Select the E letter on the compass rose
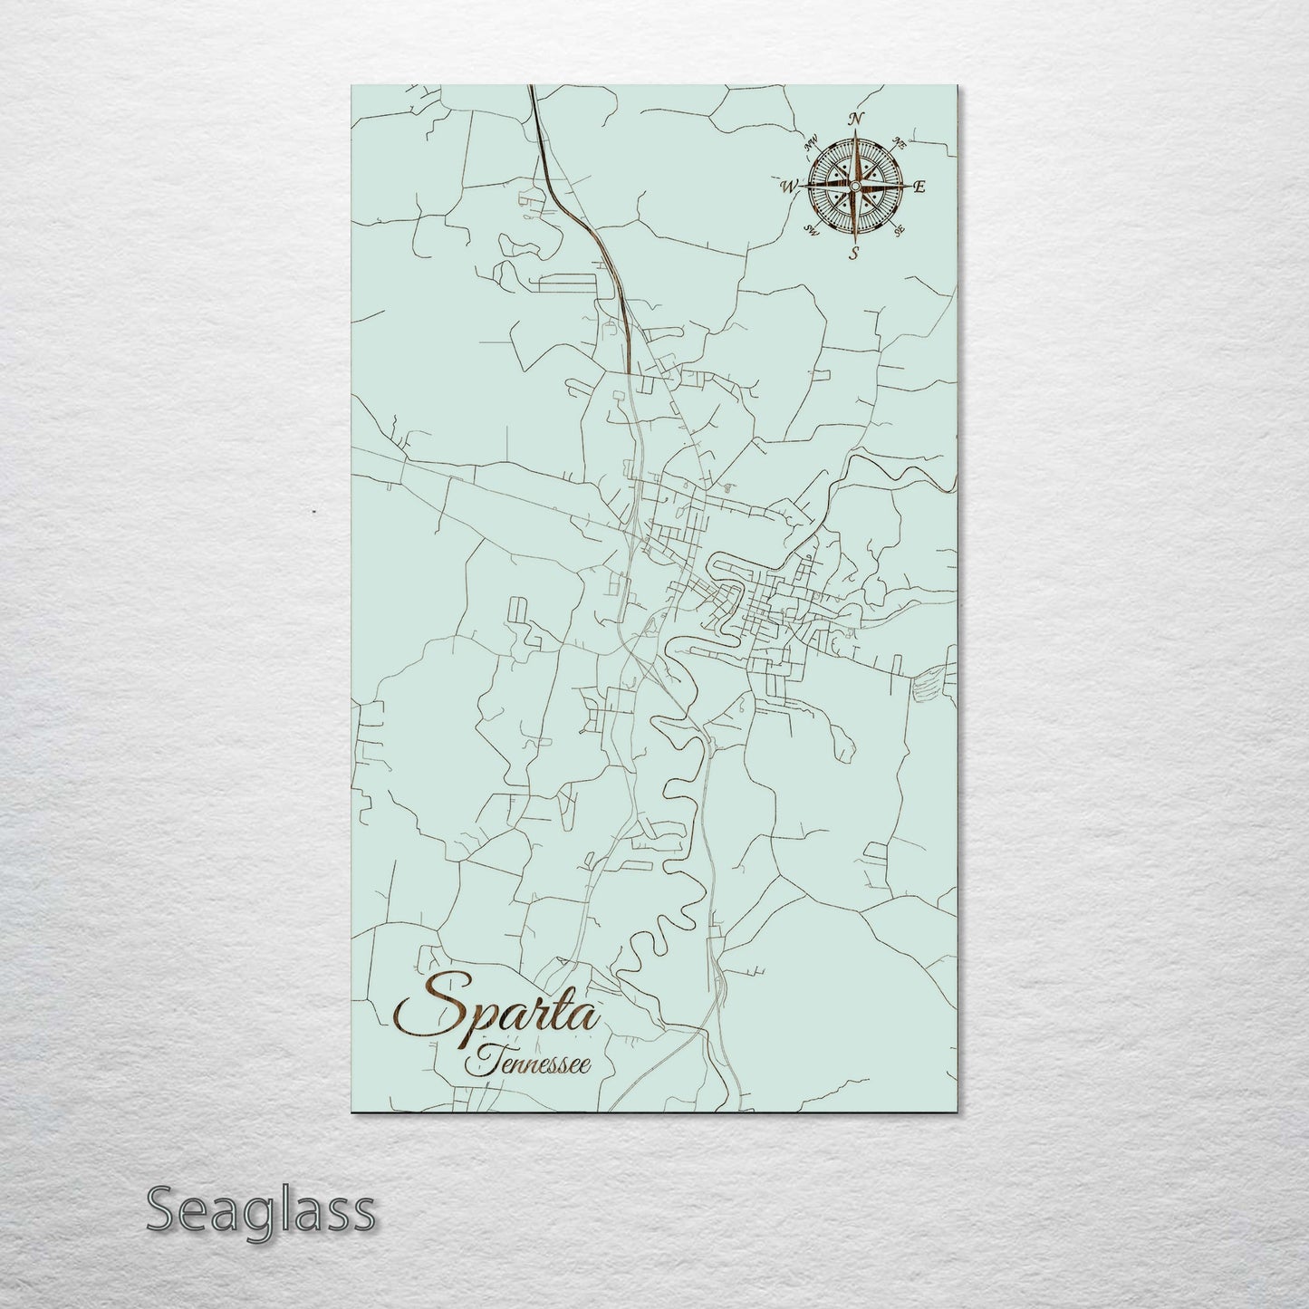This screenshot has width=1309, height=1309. click(x=918, y=188)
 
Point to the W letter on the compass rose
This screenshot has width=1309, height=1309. click(x=786, y=187)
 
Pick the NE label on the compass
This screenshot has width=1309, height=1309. click(x=899, y=142)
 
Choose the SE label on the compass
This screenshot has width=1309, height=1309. click(x=898, y=231)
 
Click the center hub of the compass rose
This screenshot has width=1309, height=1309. click(x=852, y=186)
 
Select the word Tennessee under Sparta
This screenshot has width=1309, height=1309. click(x=529, y=1062)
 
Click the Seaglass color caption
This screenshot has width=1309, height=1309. click(x=260, y=1210)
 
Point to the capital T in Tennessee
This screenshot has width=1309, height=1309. click(x=478, y=1060)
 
